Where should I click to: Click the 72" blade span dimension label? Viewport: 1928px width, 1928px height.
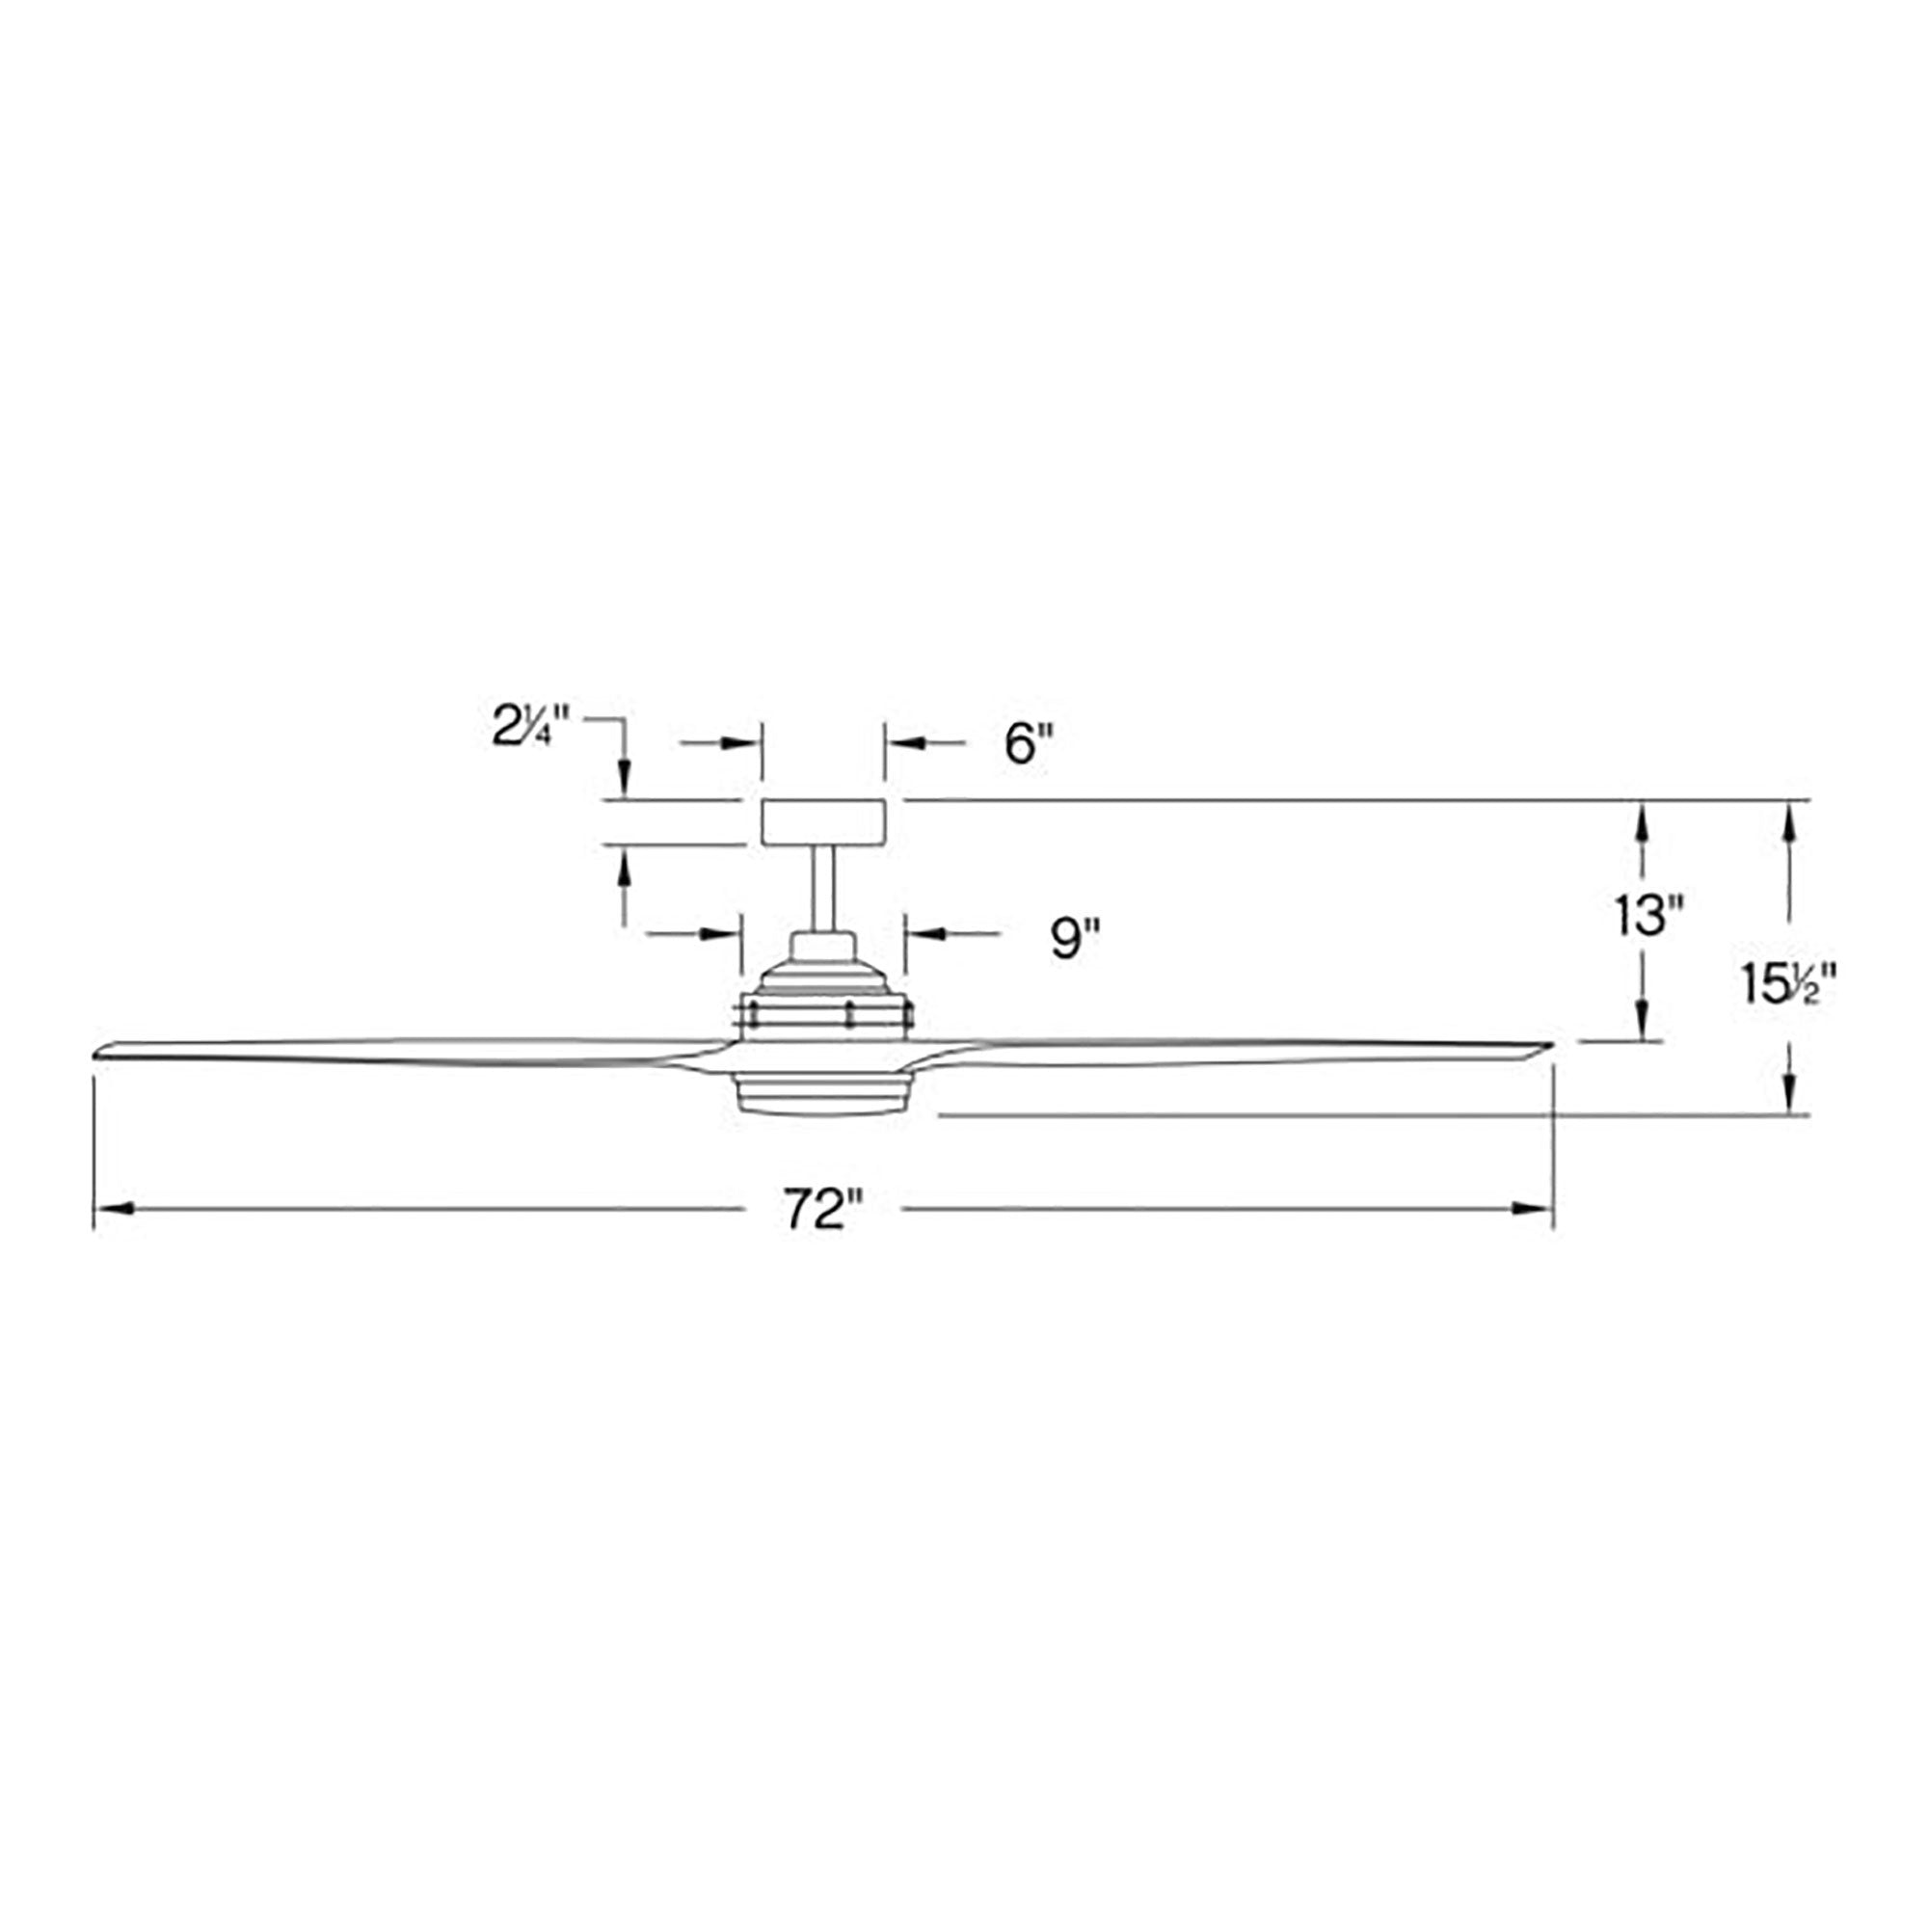(821, 1211)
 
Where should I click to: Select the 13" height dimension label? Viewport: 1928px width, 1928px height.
(1648, 915)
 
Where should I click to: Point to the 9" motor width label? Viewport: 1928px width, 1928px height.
(1075, 938)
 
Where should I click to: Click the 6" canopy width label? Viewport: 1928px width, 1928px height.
(1029, 744)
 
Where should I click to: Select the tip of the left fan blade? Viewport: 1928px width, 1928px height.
(94, 1054)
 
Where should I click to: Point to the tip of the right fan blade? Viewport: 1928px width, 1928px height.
(1551, 1045)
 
